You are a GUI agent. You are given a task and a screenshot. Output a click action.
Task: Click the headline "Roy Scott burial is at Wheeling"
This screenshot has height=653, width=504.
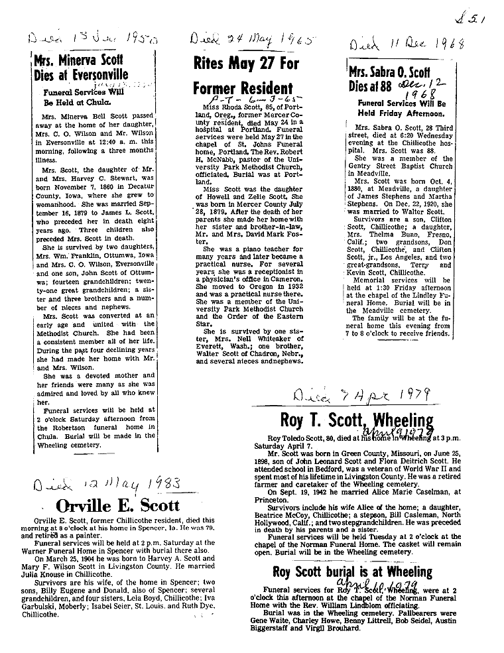(351, 571)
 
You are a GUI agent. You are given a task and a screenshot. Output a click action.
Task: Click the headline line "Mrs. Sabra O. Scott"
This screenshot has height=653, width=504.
(390, 74)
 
